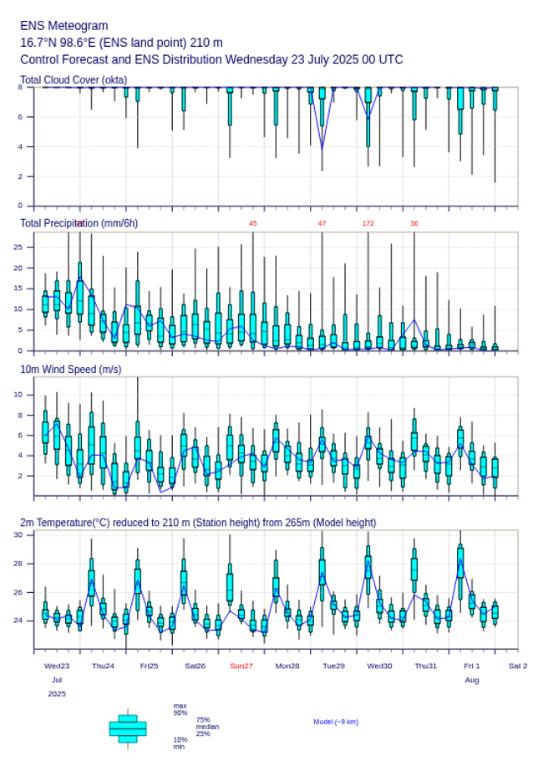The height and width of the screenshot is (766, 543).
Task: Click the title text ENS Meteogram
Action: pos(63,26)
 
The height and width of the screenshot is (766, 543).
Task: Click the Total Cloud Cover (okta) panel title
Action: pos(74,79)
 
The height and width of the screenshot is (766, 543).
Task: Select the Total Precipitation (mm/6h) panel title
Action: pos(79,222)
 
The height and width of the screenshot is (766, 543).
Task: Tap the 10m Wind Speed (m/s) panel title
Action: pos(70,369)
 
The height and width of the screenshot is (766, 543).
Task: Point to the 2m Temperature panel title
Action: pos(198,523)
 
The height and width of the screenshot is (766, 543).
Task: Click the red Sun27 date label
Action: pos(241,666)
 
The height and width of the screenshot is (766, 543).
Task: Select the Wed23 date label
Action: pos(57,666)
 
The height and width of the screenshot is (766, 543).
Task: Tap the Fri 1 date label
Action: pos(472,666)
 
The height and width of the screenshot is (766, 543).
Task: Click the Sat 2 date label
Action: pos(518,666)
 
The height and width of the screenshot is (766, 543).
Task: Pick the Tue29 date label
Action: pos(333,666)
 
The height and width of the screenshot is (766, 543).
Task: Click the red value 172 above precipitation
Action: pos(368,223)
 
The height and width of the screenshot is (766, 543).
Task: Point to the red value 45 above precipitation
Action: pos(253,223)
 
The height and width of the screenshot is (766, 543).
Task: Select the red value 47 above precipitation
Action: pos(322,223)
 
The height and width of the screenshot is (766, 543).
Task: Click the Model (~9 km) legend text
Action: pos(336,722)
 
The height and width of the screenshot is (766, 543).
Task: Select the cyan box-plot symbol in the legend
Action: pos(128,728)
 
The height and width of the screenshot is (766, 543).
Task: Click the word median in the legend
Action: pos(208,727)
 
